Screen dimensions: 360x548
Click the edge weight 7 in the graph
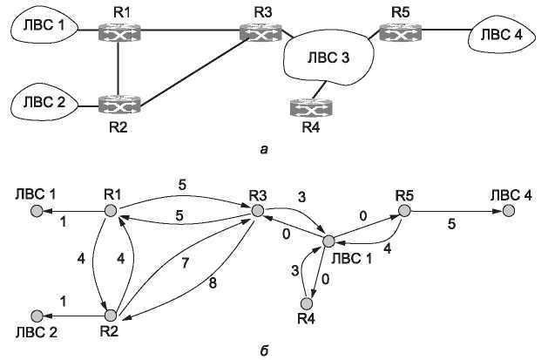186,262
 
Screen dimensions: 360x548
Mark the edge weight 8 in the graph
215,282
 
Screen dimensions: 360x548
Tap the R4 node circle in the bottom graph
305,303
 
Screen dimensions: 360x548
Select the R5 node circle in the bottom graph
403,210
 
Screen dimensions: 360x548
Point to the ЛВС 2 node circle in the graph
37,315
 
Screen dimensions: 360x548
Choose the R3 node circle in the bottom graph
257,210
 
